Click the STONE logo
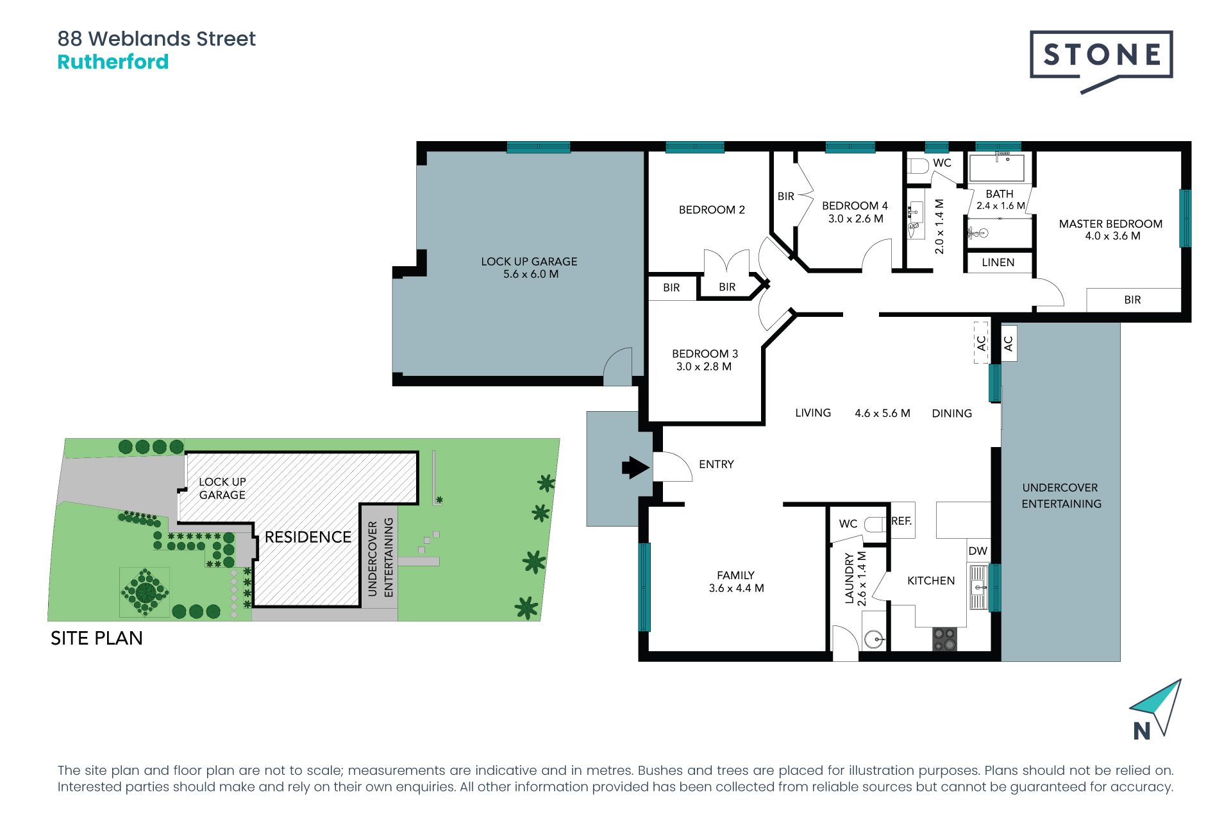click(1101, 55)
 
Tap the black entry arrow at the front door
click(635, 468)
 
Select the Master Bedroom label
click(1110, 224)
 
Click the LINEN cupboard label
click(998, 262)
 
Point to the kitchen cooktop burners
click(944, 639)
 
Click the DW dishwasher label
click(978, 551)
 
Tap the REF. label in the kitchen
click(901, 521)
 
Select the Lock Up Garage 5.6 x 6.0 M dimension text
click(530, 274)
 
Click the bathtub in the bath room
click(996, 169)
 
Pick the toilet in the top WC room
click(918, 166)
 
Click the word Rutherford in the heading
click(113, 62)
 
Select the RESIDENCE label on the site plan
click(308, 537)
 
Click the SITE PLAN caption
click(97, 638)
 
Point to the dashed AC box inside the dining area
click(981, 343)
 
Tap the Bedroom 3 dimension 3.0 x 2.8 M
click(703, 367)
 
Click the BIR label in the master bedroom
click(1132, 300)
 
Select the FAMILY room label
click(735, 575)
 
